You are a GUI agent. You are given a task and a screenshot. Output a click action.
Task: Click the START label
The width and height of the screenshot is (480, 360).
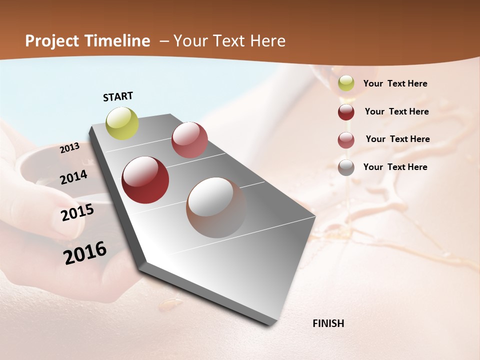click(x=118, y=96)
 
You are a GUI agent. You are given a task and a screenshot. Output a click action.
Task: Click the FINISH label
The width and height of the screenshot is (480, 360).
click(x=328, y=323)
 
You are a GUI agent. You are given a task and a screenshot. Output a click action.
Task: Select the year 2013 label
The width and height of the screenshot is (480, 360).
click(x=70, y=148)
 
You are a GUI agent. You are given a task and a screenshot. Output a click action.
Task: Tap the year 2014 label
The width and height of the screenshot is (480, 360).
click(x=74, y=177)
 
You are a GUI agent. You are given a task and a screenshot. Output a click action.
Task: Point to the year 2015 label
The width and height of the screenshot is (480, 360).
click(x=77, y=212)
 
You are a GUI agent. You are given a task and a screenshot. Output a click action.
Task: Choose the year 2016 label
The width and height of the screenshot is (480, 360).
click(x=85, y=253)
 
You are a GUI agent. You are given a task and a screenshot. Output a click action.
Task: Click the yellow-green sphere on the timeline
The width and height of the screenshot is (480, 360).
click(x=122, y=123)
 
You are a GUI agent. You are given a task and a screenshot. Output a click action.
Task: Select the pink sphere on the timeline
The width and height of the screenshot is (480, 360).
click(x=189, y=140)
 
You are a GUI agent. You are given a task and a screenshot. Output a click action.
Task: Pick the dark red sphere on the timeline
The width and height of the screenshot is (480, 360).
click(x=145, y=180)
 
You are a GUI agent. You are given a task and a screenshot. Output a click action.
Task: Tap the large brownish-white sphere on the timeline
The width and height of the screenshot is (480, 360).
click(x=216, y=207)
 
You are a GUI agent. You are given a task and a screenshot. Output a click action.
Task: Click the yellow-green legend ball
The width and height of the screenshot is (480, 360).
click(x=346, y=83)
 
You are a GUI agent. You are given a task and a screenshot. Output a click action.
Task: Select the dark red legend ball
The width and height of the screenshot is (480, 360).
click(x=346, y=112)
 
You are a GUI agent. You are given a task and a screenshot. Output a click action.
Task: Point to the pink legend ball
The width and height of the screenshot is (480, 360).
click(x=346, y=140)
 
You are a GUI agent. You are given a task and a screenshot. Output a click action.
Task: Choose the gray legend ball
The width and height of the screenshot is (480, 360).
click(x=346, y=167)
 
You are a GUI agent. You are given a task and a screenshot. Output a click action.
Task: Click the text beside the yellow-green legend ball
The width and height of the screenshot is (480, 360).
click(x=395, y=83)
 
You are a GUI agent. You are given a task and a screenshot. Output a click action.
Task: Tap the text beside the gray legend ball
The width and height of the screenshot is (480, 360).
click(x=395, y=167)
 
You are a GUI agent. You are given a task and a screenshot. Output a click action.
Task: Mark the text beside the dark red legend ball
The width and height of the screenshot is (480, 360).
click(x=396, y=111)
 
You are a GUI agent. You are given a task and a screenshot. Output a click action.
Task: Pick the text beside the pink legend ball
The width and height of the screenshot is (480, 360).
click(x=397, y=139)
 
